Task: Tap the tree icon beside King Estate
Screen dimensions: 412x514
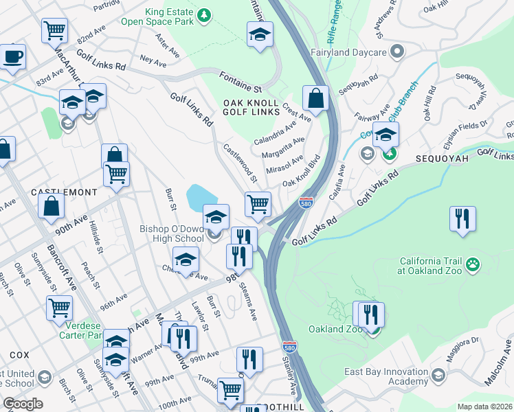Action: coord(203,15)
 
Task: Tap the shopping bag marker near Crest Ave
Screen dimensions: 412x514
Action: coord(315,99)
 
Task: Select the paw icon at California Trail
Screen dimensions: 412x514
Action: coord(472,264)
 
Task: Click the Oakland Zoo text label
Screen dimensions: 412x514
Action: coord(335,329)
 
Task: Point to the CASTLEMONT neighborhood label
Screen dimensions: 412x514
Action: coord(63,192)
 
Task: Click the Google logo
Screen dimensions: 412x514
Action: coord(22,404)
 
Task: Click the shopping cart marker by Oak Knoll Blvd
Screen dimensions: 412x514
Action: coord(258,203)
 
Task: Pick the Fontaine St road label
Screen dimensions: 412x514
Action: coord(241,80)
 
